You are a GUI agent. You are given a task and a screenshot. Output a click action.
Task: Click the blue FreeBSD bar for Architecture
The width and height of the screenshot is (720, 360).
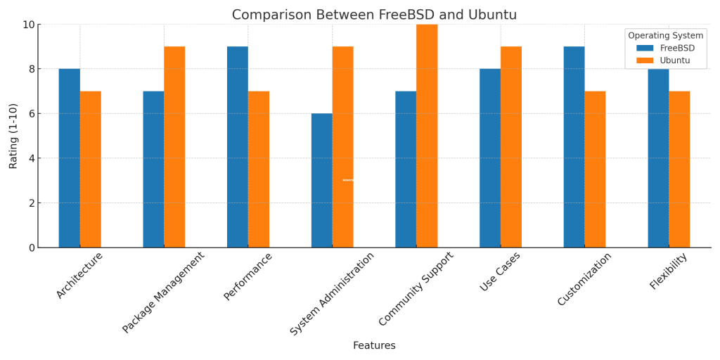click(69, 158)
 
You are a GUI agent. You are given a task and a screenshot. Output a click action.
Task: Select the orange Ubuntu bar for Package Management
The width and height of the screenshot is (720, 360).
click(174, 147)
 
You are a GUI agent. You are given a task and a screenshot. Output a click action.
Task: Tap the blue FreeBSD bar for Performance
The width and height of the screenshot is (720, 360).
click(237, 147)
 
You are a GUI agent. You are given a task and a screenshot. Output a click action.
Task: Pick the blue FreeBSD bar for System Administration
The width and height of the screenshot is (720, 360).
click(321, 181)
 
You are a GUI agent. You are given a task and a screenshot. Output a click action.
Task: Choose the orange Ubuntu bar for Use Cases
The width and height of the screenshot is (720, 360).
click(511, 147)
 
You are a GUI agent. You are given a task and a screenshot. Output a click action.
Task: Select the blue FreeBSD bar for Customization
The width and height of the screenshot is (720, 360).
click(574, 147)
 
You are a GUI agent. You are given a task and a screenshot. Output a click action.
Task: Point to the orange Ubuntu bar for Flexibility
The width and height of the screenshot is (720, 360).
click(679, 169)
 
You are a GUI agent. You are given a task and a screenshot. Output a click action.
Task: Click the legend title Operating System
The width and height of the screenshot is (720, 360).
click(665, 35)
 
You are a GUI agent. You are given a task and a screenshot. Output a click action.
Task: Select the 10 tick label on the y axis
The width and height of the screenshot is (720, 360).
click(28, 25)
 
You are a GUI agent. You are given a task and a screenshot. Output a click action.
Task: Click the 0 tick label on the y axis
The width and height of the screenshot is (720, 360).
click(31, 247)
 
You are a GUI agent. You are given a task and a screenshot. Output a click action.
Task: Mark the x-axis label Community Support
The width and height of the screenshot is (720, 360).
click(417, 288)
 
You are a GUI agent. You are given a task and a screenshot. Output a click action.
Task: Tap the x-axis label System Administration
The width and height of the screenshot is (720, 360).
click(333, 293)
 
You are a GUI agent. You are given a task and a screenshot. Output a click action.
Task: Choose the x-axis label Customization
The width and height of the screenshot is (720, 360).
click(585, 279)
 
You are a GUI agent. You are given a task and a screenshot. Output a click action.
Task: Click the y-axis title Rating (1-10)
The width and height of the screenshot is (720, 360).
click(13, 136)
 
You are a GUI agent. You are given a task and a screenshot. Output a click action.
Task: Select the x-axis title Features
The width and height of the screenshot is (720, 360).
click(374, 345)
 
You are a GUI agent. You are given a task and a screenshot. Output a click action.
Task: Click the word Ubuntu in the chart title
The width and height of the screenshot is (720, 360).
click(492, 15)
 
